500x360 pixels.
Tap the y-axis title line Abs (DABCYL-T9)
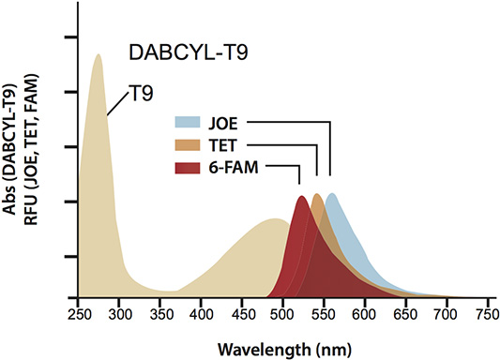click(x=11, y=164)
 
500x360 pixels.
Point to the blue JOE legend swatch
click(x=187, y=123)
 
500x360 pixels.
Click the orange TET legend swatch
click(x=187, y=145)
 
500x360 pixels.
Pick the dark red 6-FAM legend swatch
click(x=187, y=168)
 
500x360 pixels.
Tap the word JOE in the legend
click(x=221, y=123)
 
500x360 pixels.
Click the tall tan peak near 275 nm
click(x=98, y=56)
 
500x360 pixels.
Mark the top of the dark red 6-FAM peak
click(x=301, y=198)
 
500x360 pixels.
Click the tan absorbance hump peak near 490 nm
click(x=275, y=220)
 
